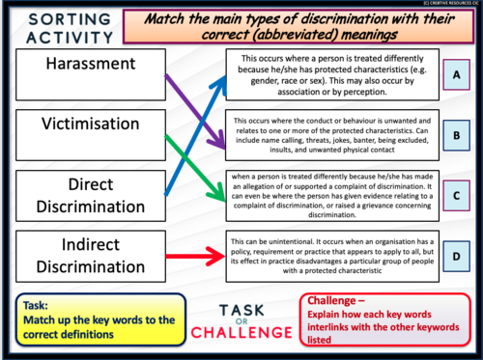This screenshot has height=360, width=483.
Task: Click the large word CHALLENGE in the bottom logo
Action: tap(240, 333)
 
